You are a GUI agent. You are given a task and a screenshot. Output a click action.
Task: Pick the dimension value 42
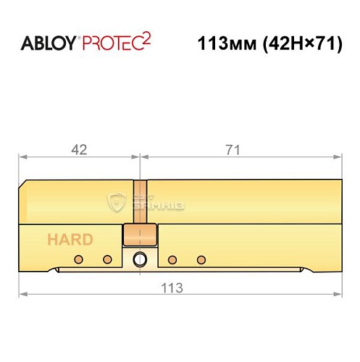point(80,149)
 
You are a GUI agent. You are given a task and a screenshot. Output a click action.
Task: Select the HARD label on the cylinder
point(70,240)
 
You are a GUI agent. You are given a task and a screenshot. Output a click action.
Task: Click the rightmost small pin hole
point(202,259)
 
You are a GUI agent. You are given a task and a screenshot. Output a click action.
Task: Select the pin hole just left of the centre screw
point(107,259)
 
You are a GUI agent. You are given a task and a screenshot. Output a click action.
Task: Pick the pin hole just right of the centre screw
point(172,259)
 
